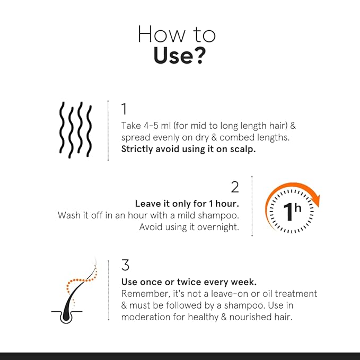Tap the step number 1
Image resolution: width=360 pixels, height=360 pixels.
coord(124,109)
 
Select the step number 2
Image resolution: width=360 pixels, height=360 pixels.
coord(235,187)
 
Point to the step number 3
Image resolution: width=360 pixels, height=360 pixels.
coord(125,265)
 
